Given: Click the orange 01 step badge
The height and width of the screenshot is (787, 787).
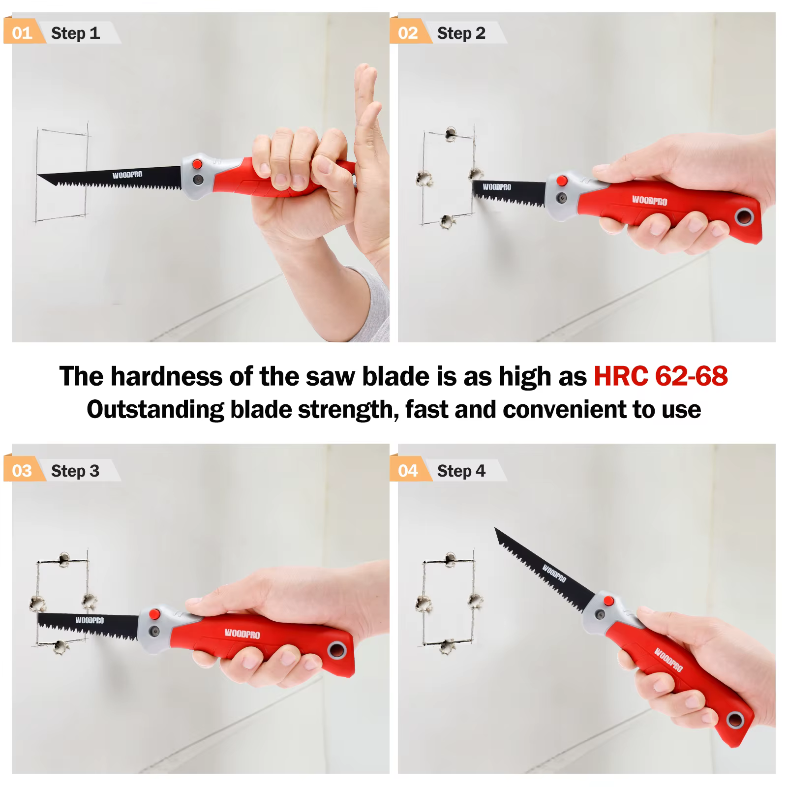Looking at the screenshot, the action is pyautogui.click(x=22, y=33).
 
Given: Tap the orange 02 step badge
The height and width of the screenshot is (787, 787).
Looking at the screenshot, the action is pyautogui.click(x=408, y=33).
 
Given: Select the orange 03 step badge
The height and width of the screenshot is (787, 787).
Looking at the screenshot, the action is pyautogui.click(x=22, y=471).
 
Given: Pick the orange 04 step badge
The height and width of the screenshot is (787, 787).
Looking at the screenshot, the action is pyautogui.click(x=408, y=471).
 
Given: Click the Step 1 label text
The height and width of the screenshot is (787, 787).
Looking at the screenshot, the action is pyautogui.click(x=75, y=33).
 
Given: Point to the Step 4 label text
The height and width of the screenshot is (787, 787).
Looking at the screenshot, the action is pyautogui.click(x=461, y=471).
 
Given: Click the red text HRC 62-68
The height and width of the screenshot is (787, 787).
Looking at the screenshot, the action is pyautogui.click(x=661, y=376).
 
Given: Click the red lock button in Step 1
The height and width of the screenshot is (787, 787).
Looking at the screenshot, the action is pyautogui.click(x=197, y=164).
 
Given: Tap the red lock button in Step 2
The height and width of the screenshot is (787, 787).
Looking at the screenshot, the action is pyautogui.click(x=561, y=181).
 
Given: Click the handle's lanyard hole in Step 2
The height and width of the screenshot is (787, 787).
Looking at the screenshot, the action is pyautogui.click(x=745, y=217).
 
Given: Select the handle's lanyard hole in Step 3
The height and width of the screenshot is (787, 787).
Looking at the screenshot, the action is pyautogui.click(x=337, y=650).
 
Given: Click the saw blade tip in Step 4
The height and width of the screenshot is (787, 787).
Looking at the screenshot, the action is pyautogui.click(x=496, y=529).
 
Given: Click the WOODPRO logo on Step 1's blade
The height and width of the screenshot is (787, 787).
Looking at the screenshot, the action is pyautogui.click(x=127, y=175).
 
